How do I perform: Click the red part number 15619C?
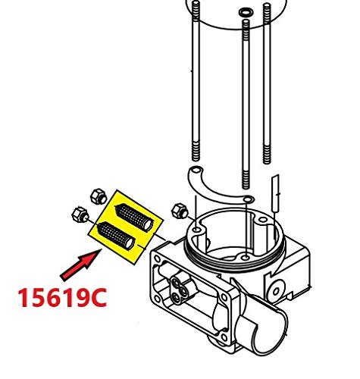62,298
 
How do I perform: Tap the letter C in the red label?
98,298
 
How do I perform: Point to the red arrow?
81,264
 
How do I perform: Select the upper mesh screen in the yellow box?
134,218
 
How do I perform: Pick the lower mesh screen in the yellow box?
116,236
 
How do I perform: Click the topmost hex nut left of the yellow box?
99,196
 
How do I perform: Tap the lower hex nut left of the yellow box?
80,215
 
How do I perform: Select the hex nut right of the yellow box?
180,211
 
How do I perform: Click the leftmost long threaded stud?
196,81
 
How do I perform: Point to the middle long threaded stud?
246,104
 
